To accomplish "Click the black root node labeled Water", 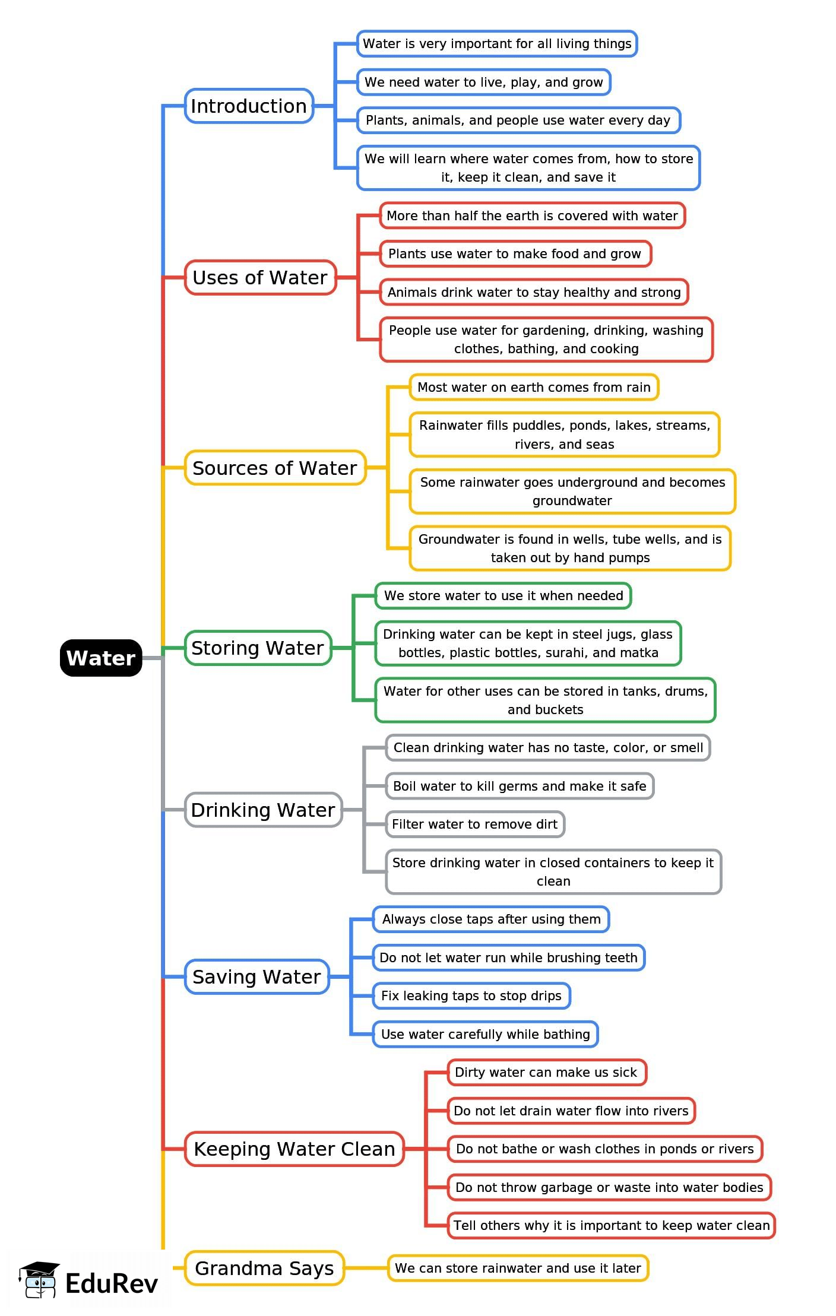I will pyautogui.click(x=101, y=658).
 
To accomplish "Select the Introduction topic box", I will pyautogui.click(x=249, y=106).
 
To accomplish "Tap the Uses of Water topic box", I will pyautogui.click(x=260, y=277).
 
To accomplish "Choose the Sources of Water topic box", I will pyautogui.click(x=275, y=468).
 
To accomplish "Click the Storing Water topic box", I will pyautogui.click(x=258, y=648).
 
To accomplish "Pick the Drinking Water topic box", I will pyautogui.click(x=263, y=810).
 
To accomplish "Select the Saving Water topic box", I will pyautogui.click(x=256, y=976).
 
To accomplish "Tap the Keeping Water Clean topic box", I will pyautogui.click(x=294, y=1149).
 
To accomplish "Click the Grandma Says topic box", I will pyautogui.click(x=264, y=1268).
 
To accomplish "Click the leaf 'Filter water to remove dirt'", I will pyautogui.click(x=474, y=824).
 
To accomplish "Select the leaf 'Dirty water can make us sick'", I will pyautogui.click(x=546, y=1072).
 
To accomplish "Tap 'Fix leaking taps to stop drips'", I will pyautogui.click(x=471, y=995).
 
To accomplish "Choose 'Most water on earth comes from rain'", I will pyautogui.click(x=534, y=387).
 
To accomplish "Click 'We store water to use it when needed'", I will pyautogui.click(x=503, y=595).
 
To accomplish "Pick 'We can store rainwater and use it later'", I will pyautogui.click(x=518, y=1268).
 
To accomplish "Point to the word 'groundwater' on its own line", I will pyautogui.click(x=572, y=500).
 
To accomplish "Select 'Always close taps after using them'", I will pyautogui.click(x=491, y=919).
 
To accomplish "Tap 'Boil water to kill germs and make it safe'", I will pyautogui.click(x=520, y=786).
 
